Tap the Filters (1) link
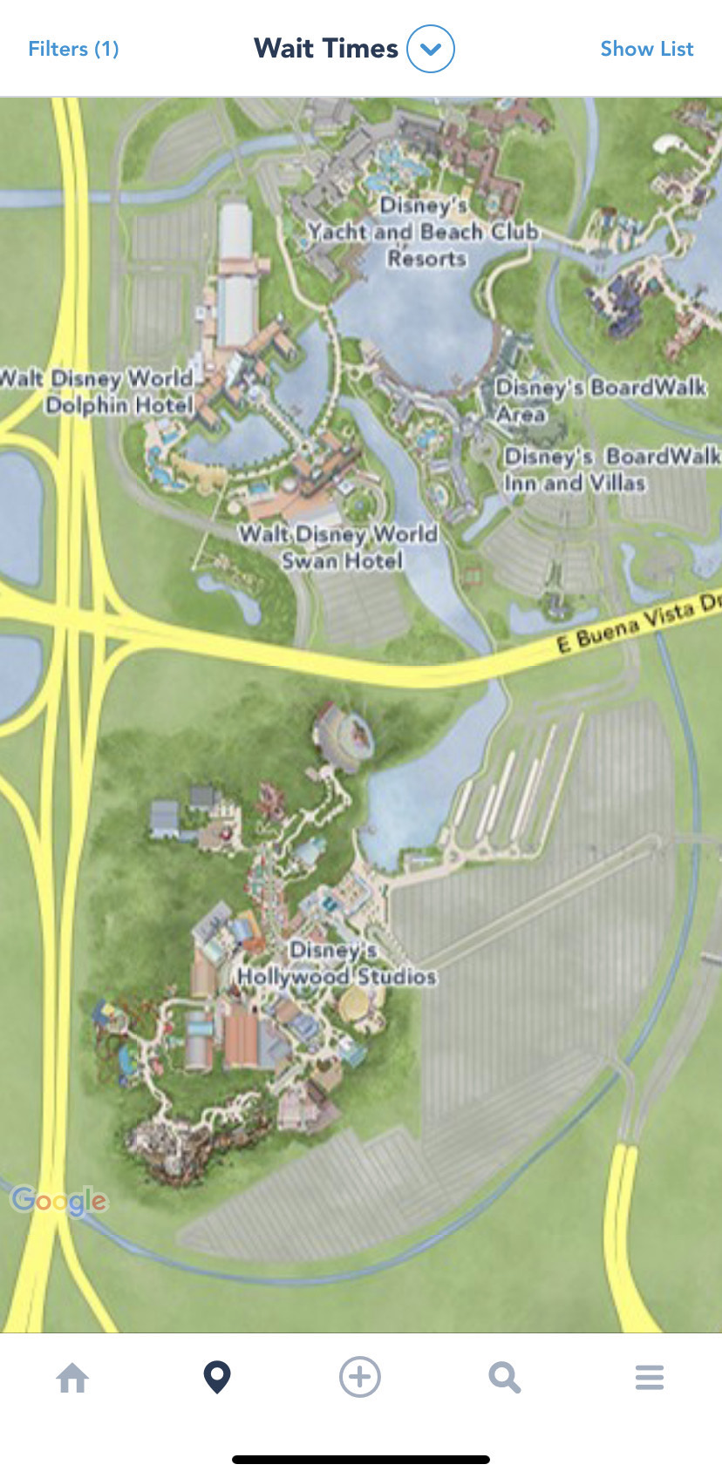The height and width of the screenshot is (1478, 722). [x=73, y=49]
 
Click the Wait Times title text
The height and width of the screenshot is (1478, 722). [x=325, y=49]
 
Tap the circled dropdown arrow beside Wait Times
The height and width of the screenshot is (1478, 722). [x=431, y=49]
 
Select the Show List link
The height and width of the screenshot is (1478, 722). [x=646, y=49]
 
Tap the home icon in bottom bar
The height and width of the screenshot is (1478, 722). [x=72, y=1378]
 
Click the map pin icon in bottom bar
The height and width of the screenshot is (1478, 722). [x=217, y=1377]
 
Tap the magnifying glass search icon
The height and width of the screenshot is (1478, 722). [x=504, y=1378]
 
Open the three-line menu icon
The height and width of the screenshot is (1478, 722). [x=650, y=1378]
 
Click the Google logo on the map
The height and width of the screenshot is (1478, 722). [x=59, y=1201]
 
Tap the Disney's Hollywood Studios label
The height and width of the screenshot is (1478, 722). [x=337, y=963]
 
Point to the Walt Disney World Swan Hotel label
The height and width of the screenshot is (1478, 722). [x=339, y=547]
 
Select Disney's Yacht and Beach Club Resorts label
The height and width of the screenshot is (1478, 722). [x=424, y=232]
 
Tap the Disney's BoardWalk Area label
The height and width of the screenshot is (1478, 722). [x=600, y=399]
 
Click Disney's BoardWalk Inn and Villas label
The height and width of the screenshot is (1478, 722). [x=611, y=469]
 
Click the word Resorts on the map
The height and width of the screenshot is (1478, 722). [x=427, y=259]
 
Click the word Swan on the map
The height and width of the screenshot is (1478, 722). [x=309, y=560]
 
